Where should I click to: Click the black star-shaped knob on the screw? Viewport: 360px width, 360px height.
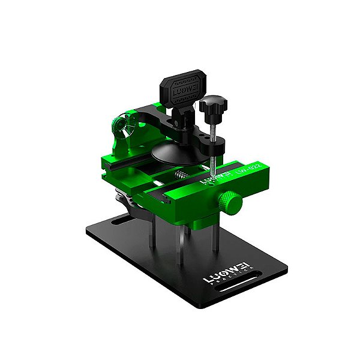pos(211,109)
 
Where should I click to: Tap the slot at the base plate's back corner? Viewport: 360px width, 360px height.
pos(118,221)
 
